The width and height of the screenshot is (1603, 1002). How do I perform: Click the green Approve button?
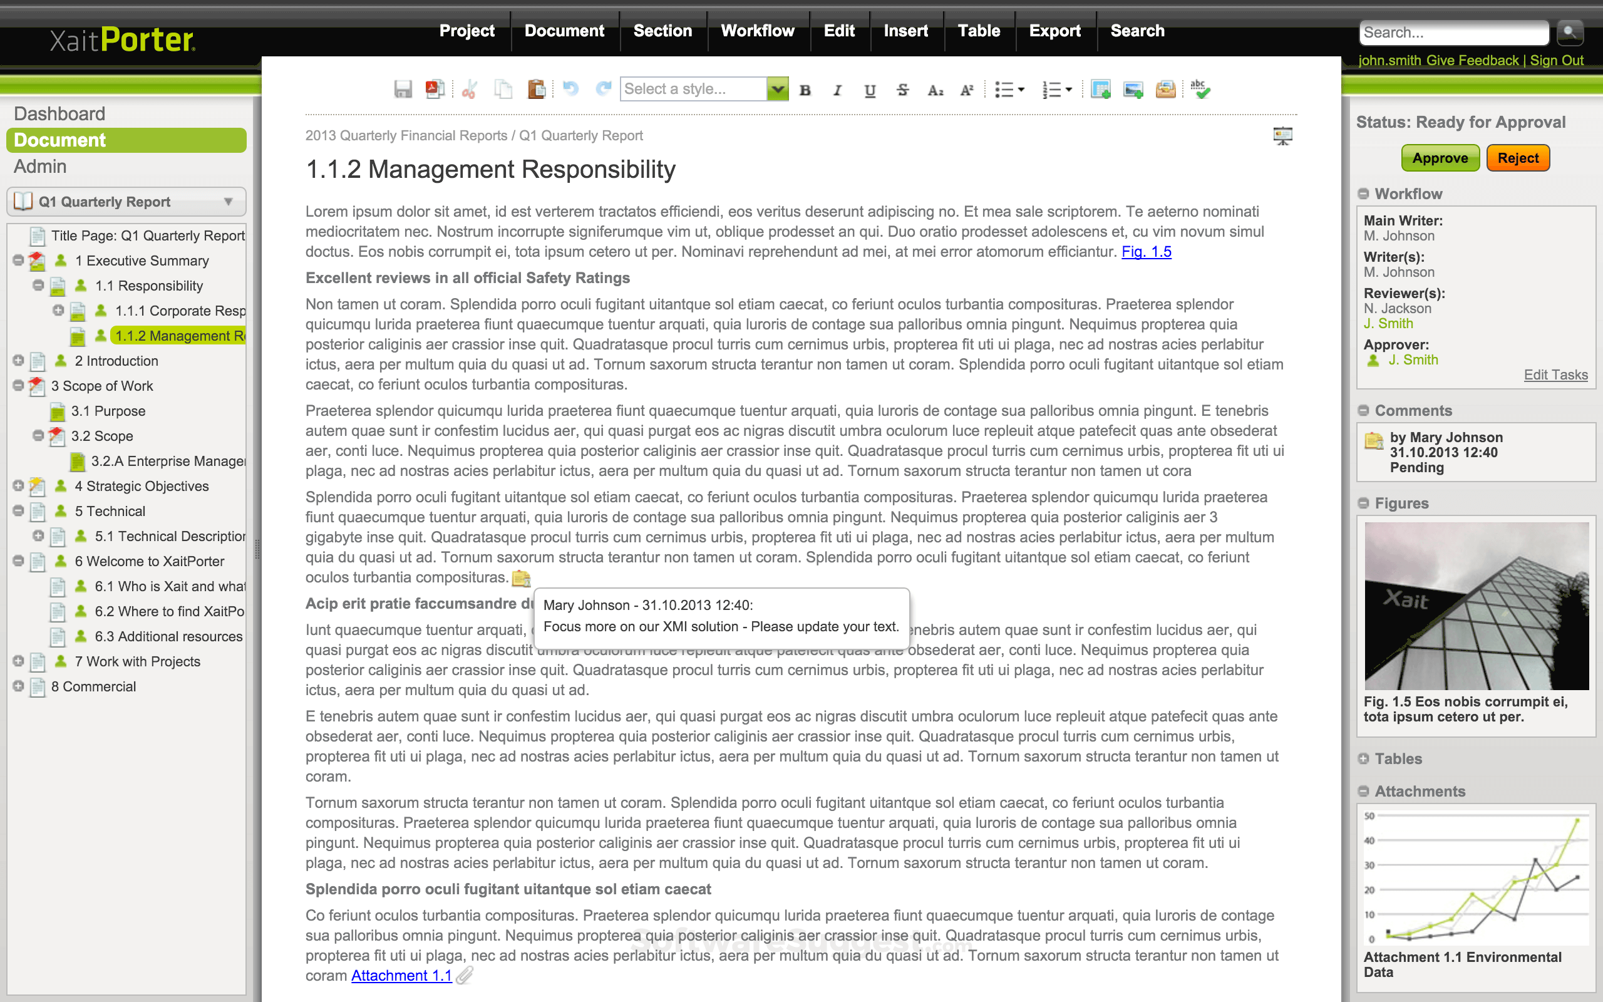1440,158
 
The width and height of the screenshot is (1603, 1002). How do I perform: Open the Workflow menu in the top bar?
757,31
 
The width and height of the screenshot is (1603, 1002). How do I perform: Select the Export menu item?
1054,31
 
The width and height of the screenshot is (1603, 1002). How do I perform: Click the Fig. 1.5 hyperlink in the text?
1146,252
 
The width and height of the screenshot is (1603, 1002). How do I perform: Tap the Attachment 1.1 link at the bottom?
401,976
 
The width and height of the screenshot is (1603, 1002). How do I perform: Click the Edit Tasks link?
1555,375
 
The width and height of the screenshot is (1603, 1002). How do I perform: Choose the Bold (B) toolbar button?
805,90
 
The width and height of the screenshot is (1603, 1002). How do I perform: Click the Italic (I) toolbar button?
837,90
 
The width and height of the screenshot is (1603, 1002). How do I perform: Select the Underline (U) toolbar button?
870,90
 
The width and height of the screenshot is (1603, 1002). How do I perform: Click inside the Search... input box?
1453,33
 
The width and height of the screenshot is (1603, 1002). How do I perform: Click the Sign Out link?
1557,60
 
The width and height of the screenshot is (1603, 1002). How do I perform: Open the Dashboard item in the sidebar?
59,114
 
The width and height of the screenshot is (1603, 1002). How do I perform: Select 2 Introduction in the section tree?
116,361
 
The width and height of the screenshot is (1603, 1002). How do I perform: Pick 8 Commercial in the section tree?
93,686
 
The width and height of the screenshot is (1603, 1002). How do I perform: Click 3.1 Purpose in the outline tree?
108,411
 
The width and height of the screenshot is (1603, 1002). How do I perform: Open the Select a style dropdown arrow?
778,89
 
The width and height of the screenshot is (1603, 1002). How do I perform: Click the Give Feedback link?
1472,60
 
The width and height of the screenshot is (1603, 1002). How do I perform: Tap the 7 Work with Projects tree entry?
137,661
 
